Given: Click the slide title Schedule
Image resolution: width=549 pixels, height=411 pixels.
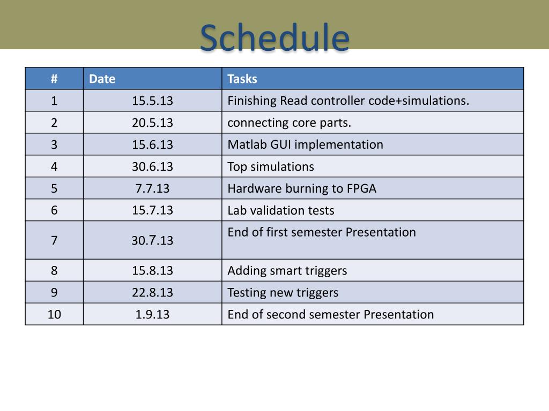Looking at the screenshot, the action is [274, 37].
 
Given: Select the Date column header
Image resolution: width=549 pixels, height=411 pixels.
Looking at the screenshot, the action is [102, 79].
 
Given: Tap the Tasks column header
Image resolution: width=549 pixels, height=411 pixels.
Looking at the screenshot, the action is [242, 79].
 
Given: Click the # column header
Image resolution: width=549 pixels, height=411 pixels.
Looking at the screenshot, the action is [54, 79].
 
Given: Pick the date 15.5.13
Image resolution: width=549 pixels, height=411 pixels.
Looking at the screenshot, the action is [152, 101].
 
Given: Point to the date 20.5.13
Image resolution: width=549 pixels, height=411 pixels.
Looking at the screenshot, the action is [152, 123].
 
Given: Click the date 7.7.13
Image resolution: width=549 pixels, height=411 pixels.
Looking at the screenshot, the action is [152, 189].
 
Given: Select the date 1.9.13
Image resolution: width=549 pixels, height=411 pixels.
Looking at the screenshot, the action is [152, 315].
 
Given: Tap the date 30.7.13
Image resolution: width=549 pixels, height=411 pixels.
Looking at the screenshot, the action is [152, 240].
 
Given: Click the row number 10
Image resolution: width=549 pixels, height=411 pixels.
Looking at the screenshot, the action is [54, 315].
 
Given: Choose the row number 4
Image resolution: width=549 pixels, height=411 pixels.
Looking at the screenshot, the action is [54, 167].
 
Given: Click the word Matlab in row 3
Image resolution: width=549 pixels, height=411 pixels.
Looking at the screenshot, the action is [244, 144].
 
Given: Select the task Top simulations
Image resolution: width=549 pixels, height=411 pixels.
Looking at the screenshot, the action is [271, 167].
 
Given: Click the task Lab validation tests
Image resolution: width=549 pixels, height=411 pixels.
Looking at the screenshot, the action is [281, 210].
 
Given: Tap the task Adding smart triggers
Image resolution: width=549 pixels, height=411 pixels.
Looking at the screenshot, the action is [287, 271].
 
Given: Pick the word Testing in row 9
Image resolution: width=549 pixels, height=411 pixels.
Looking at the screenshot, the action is [248, 293].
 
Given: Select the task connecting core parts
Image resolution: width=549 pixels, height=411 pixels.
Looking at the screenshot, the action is [289, 123].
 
